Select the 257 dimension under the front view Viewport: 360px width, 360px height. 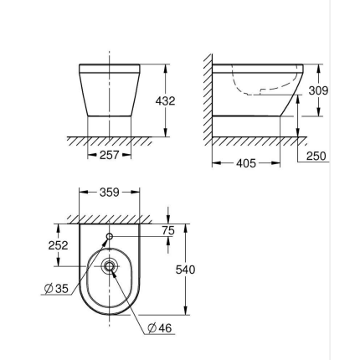pyautogui.click(x=110, y=156)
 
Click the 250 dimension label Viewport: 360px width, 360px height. pyautogui.click(x=316, y=156)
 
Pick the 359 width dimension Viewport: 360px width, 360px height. pyautogui.click(x=110, y=193)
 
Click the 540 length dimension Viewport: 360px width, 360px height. pyautogui.click(x=184, y=270)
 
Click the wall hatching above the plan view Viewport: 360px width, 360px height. pyautogui.click(x=109, y=219)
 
